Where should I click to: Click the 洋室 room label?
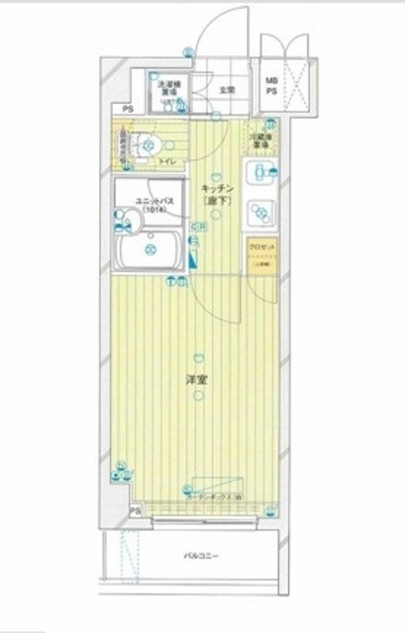(196, 379)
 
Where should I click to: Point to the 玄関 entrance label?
(226, 90)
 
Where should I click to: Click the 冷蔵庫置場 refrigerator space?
(260, 141)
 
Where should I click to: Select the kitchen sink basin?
(260, 211)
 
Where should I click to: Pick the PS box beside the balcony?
(136, 510)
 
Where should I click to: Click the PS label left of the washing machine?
(128, 109)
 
